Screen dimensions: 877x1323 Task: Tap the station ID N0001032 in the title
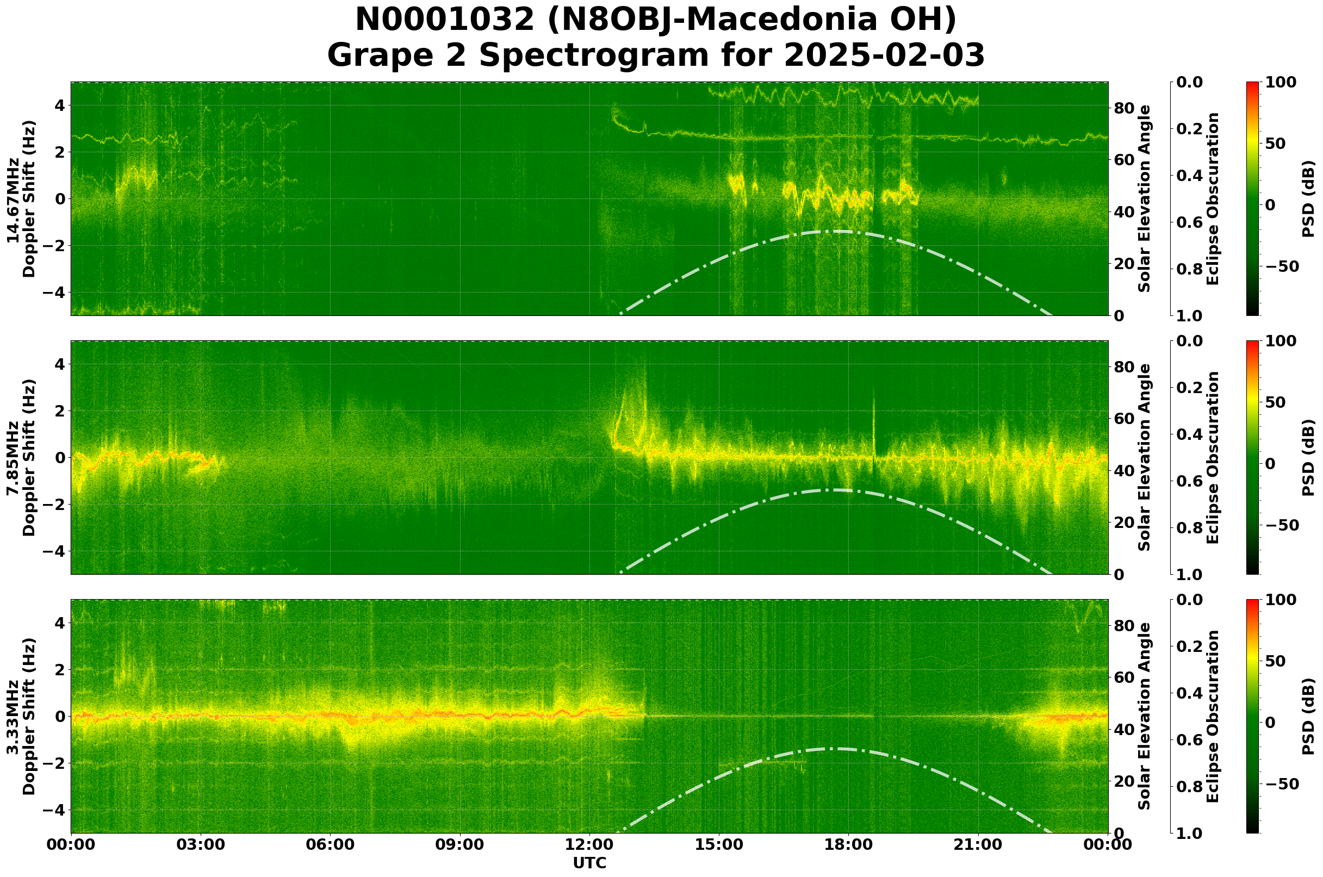pyautogui.click(x=445, y=20)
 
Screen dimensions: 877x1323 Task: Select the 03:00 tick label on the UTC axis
pyautogui.click(x=201, y=845)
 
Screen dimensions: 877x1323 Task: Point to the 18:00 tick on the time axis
pyautogui.click(x=848, y=845)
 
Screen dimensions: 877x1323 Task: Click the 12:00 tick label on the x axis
pyautogui.click(x=589, y=845)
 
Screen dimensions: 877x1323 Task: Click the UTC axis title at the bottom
pyautogui.click(x=589, y=863)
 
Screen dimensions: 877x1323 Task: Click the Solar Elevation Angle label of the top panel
pyautogui.click(x=1145, y=199)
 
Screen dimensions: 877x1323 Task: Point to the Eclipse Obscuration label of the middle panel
pyautogui.click(x=1212, y=457)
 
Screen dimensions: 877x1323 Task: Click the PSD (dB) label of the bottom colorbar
pyautogui.click(x=1308, y=717)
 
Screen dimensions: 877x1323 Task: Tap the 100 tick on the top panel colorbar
pyautogui.click(x=1281, y=83)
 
